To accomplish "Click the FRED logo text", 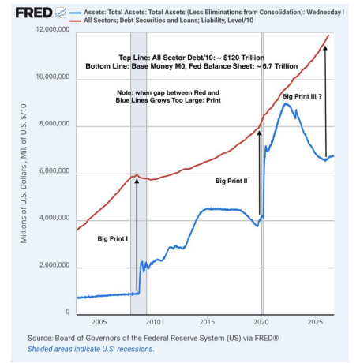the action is pos(34,13).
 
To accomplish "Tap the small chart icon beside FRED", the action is pos(61,13).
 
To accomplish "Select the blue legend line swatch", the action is pos(75,13).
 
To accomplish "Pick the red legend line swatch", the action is pos(75,21).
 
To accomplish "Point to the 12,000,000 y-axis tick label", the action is pos(53,29).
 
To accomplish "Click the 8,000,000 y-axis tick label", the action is pos(54,123).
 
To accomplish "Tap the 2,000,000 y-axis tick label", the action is pos(54,265).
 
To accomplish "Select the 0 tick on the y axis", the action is pos(68,312).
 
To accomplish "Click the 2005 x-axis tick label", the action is pos(99,322).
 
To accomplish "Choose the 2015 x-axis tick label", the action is pos(207,322).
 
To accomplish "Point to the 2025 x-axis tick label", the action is pos(315,322).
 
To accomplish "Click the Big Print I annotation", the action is pos(113,238).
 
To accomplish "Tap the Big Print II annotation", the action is pos(231,181).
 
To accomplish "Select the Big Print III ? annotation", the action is pos(302,96).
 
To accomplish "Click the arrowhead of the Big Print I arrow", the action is pos(137,181).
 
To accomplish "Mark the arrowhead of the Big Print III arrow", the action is pos(325,48).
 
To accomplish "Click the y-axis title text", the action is pos(24,174).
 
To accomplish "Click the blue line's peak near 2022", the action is pos(286,103).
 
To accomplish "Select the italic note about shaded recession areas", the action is pos(91,349).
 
